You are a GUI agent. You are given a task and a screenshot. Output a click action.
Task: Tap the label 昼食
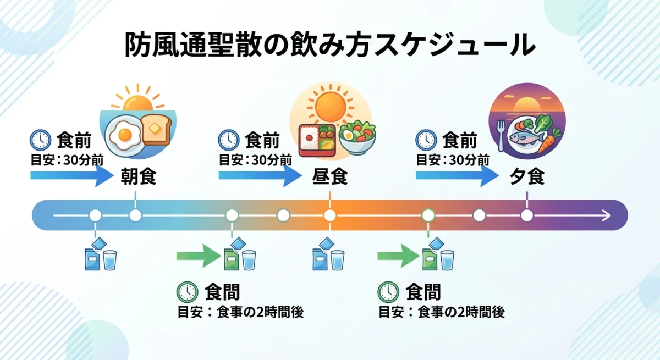(x=330, y=178)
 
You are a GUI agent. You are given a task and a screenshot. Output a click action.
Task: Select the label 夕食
(x=526, y=178)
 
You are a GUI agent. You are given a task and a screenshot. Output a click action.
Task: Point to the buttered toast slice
(x=156, y=129)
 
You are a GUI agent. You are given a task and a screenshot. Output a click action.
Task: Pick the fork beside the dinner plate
(x=501, y=135)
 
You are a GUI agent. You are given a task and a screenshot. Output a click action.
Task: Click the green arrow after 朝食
(x=198, y=256)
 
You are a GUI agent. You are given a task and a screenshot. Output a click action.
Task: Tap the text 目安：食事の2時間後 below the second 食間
(x=441, y=312)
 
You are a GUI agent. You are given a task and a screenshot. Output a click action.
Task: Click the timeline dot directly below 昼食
(x=329, y=215)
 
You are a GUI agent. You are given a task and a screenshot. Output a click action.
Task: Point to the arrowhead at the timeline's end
(x=606, y=215)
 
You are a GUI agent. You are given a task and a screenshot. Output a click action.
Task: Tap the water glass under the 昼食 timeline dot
(x=337, y=259)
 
